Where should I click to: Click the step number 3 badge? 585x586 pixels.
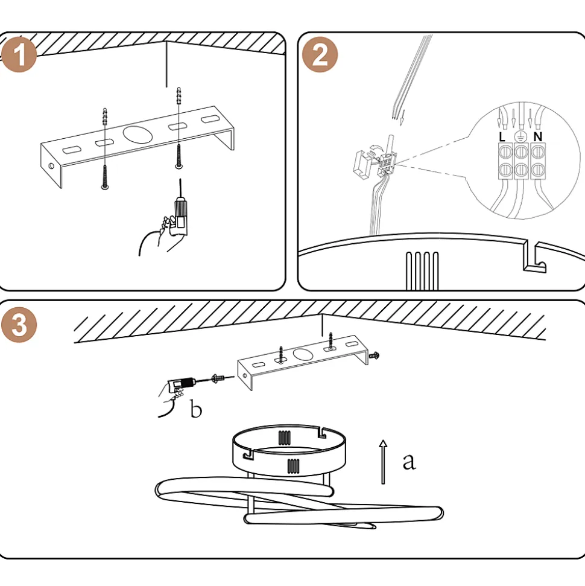(x=19, y=325)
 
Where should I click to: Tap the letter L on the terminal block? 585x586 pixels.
(x=502, y=136)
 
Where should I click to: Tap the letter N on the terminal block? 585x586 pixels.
(x=537, y=136)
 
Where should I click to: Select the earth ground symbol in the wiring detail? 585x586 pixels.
(x=519, y=136)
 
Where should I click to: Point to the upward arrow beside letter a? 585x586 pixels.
(x=382, y=462)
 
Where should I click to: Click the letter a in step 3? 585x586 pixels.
(x=409, y=462)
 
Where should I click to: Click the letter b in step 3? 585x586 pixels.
(x=196, y=410)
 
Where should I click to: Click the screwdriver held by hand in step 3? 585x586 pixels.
(x=184, y=383)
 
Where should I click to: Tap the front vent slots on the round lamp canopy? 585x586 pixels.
(x=293, y=466)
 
